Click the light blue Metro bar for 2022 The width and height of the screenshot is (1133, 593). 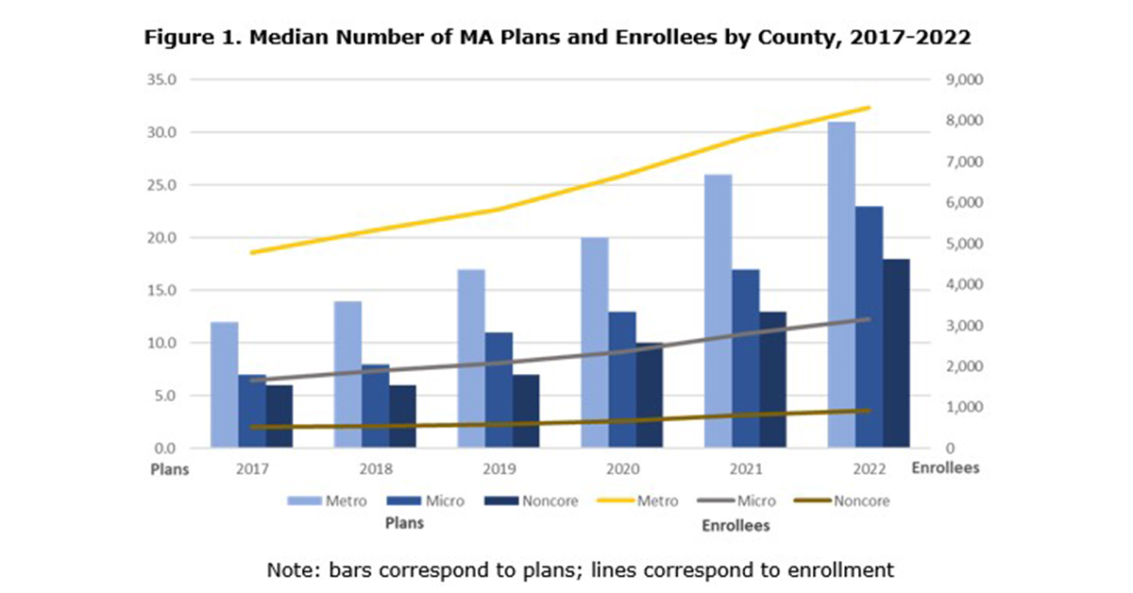point(842,284)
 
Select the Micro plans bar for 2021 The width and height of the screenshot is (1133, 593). point(745,358)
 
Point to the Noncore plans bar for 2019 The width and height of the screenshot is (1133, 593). point(526,411)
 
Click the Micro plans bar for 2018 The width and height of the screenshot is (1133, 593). point(375,405)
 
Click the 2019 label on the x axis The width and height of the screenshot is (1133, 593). point(499,468)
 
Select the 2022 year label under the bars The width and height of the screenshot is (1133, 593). point(869,468)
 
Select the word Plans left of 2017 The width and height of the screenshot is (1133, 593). point(172,468)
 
